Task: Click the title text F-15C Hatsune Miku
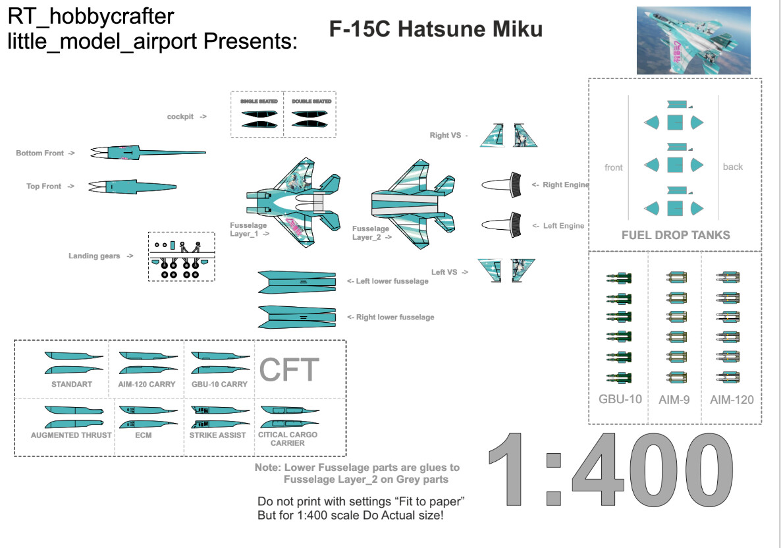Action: tap(436, 30)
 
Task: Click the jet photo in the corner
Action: tap(693, 40)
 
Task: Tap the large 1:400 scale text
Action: tap(610, 470)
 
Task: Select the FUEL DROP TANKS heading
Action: tap(676, 235)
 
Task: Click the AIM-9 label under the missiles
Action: tap(674, 399)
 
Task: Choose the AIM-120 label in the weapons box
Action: tap(732, 399)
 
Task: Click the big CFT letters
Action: tap(289, 370)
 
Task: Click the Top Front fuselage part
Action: tap(132, 186)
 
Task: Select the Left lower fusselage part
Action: tap(301, 282)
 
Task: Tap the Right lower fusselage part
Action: tap(301, 317)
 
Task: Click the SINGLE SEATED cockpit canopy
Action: tap(259, 119)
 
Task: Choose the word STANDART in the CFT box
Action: tap(72, 384)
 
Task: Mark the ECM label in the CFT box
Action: tap(143, 435)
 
